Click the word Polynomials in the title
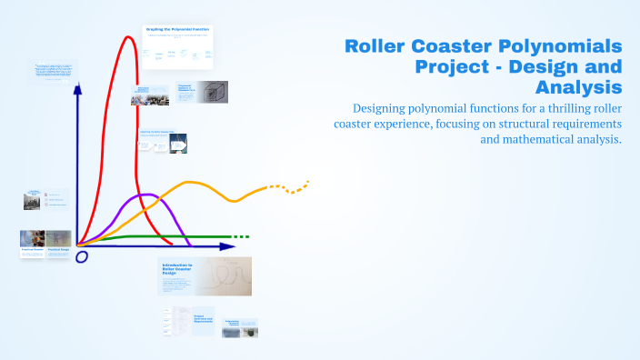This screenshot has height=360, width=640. click(x=560, y=45)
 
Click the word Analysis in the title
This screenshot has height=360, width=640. click(x=579, y=86)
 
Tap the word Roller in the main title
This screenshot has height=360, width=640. click(x=375, y=45)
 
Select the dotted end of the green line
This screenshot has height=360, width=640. click(x=239, y=237)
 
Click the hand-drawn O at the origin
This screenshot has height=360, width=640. click(x=81, y=257)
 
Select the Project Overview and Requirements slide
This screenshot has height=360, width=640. click(x=203, y=321)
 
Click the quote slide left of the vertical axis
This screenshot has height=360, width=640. click(x=55, y=71)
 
